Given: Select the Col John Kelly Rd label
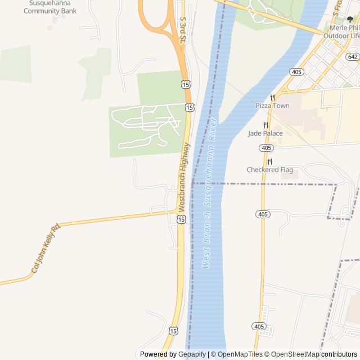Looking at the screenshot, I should click(45, 249).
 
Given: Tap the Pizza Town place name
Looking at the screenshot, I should click(272, 106).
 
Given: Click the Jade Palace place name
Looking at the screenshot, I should click(265, 133).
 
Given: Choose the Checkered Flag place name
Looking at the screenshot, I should click(269, 170).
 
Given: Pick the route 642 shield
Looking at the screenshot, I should click(353, 57).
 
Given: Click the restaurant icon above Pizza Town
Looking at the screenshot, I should click(272, 97).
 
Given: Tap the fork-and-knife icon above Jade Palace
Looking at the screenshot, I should click(265, 125).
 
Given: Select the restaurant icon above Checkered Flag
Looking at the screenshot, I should click(269, 161).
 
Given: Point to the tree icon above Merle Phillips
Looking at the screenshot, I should click(350, 19).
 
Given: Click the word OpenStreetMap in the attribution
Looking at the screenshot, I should click(292, 354).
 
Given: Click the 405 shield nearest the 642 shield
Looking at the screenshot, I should click(297, 71).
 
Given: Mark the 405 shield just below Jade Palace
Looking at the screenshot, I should click(267, 147).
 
